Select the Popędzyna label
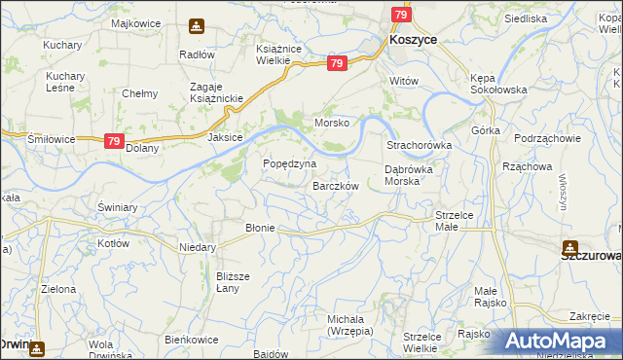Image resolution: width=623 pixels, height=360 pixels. pyautogui.click(x=290, y=163)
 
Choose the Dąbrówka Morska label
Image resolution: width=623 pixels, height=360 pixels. pyautogui.click(x=415, y=175)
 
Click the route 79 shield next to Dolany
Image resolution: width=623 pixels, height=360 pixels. pyautogui.click(x=114, y=141)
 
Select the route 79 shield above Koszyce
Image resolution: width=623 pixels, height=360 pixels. pyautogui.click(x=400, y=15)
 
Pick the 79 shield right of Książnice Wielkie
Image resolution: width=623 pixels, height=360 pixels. pyautogui.click(x=337, y=63)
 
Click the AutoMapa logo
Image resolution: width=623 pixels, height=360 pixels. pyautogui.click(x=564, y=340)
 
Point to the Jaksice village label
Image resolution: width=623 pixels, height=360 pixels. pyautogui.click(x=224, y=138)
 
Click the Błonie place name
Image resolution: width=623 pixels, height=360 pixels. pyautogui.click(x=260, y=228)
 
